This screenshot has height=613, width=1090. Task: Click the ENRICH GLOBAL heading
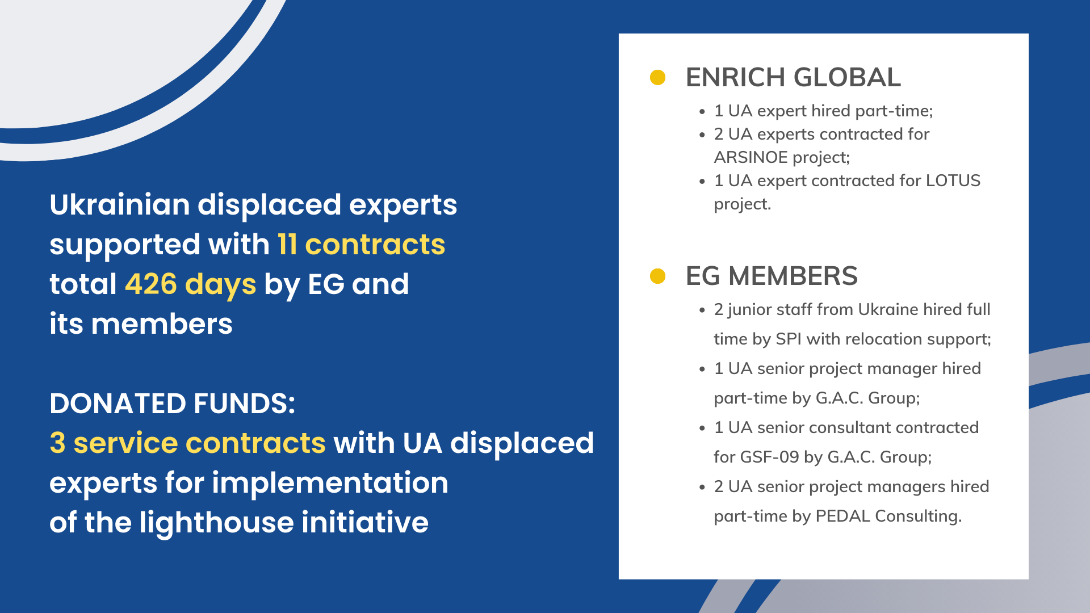click(793, 77)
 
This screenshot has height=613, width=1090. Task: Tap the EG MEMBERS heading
click(772, 276)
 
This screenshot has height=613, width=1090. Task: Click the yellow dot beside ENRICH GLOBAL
click(657, 77)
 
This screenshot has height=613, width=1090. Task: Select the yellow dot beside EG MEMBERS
click(657, 276)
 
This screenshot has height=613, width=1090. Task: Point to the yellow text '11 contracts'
click(361, 245)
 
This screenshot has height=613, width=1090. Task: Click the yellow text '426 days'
click(190, 284)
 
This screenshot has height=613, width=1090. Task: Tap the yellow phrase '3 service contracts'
click(187, 443)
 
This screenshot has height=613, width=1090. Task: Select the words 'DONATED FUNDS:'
click(172, 404)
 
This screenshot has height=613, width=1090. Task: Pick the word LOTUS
click(953, 180)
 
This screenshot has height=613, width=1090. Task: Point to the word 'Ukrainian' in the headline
click(119, 204)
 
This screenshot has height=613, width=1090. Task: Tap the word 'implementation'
click(330, 483)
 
